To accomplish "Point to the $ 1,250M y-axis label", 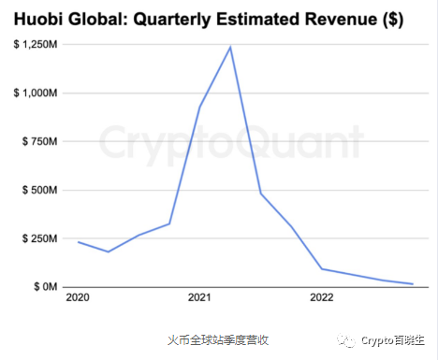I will (x=36, y=46).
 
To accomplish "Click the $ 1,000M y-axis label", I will (x=36, y=94).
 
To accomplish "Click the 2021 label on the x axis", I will (x=199, y=299).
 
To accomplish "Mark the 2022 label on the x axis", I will (x=322, y=299).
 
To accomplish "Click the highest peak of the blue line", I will (x=230, y=47).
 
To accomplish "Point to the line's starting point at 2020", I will (x=78, y=242).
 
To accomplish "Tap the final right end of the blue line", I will (x=413, y=283).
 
